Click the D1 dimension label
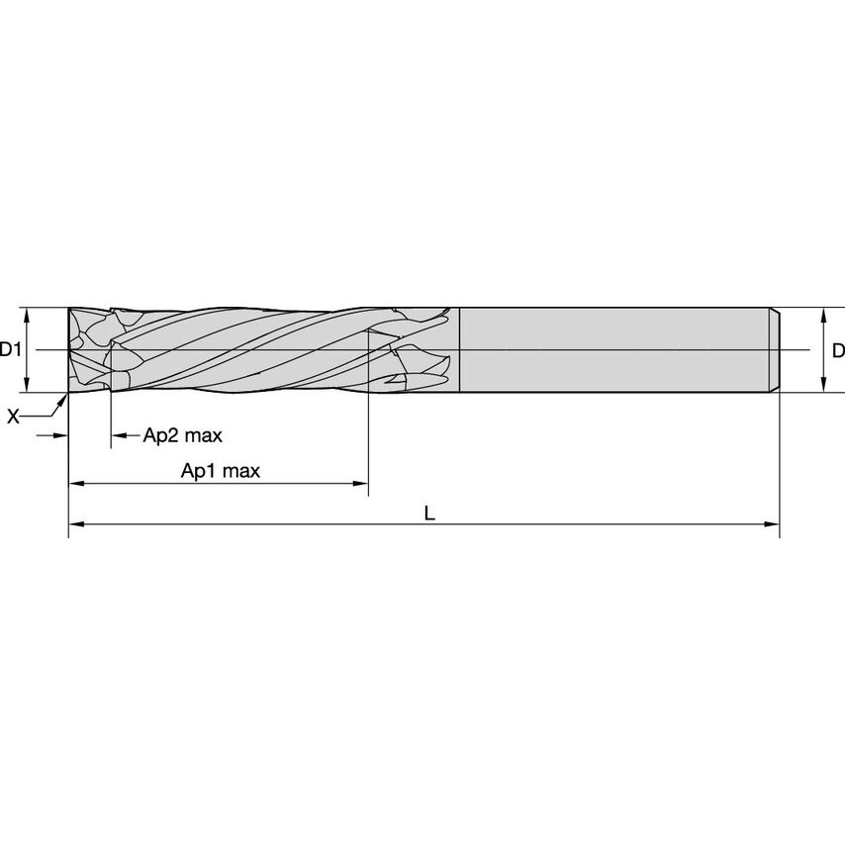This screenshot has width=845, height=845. [11, 349]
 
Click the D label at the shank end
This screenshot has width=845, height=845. [837, 349]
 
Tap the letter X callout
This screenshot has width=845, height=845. [13, 418]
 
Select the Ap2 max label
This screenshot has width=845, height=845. [183, 435]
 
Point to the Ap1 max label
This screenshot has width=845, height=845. [220, 471]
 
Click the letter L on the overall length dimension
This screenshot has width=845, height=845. [427, 513]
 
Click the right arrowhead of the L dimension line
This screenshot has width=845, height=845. [774, 523]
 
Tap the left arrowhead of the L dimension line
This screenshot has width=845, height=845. [74, 523]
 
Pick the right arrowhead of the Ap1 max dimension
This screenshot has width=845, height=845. [361, 484]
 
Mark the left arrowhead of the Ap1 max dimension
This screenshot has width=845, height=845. [74, 484]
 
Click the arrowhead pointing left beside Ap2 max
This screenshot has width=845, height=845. [117, 435]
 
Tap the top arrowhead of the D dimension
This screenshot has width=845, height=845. [824, 314]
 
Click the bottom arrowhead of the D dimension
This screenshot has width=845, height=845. [824, 386]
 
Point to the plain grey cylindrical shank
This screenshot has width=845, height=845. [613, 350]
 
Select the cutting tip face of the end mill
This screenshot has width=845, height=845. [71, 350]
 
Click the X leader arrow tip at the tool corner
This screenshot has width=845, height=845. [65, 397]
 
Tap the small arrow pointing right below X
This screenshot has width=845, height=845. [61, 435]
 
